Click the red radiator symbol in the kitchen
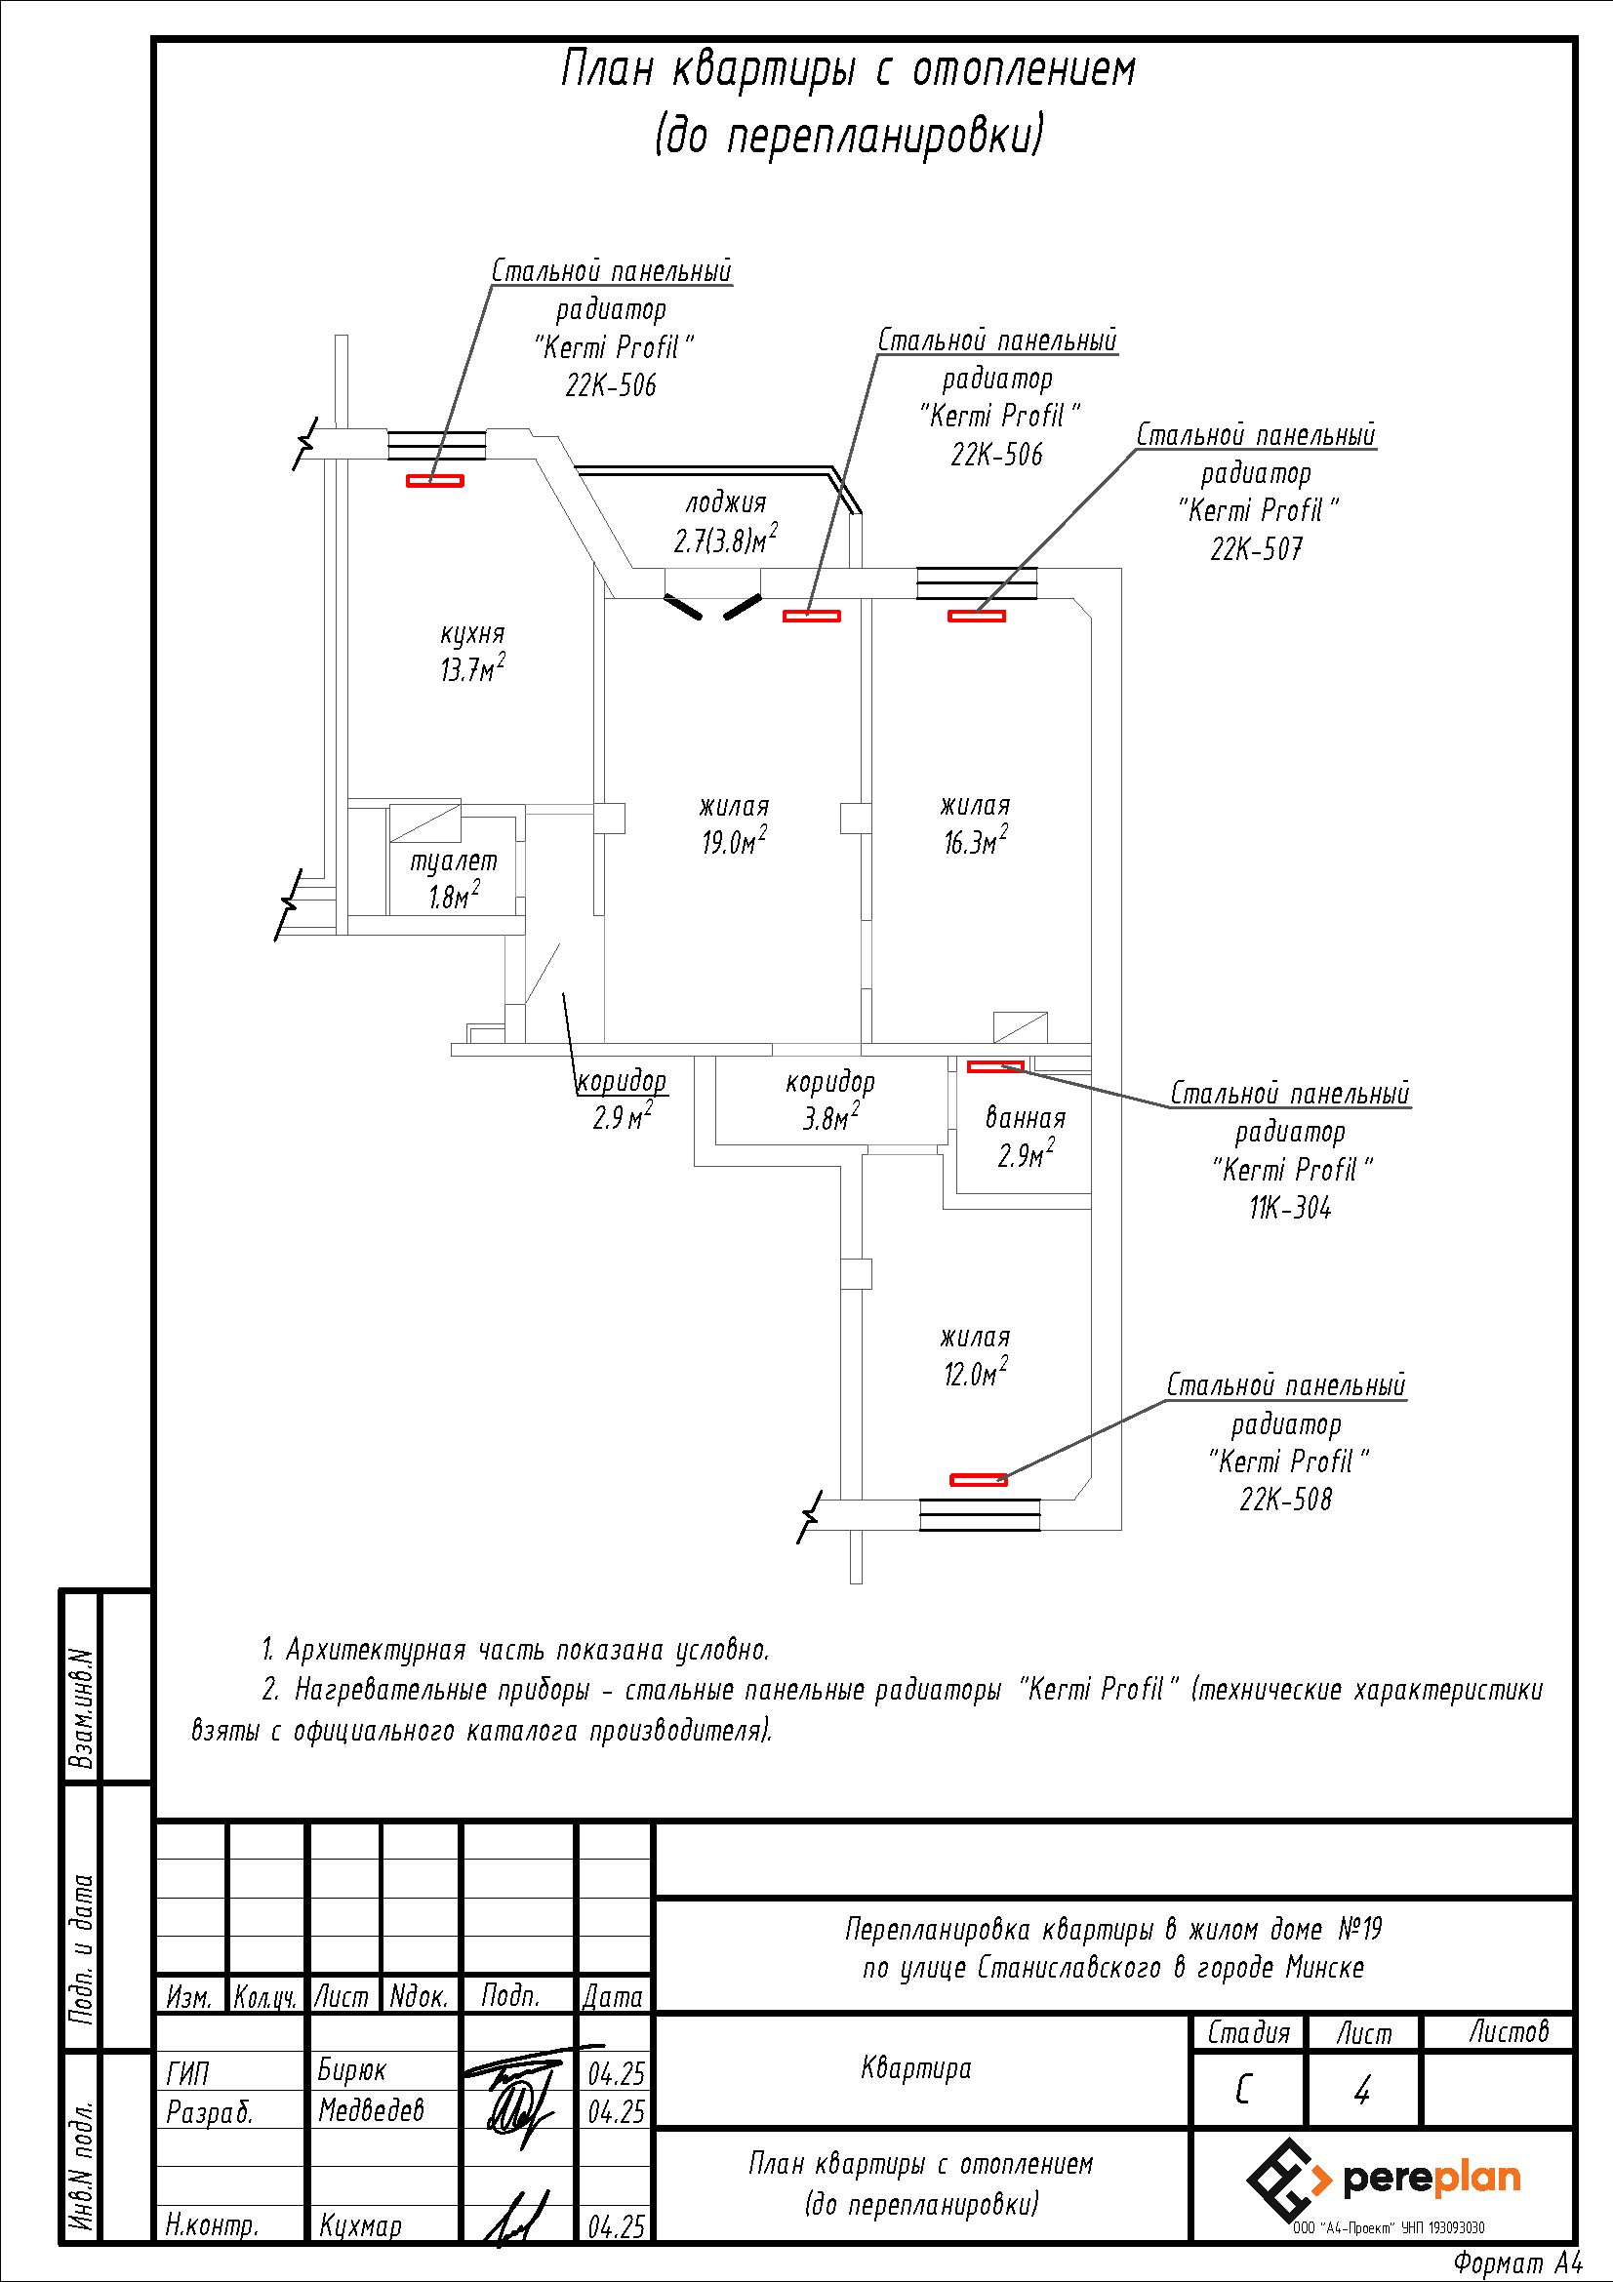[x=434, y=481]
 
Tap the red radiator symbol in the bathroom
[x=995, y=1066]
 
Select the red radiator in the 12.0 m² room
[x=978, y=1480]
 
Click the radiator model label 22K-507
[x=1255, y=549]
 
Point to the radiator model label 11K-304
[x=1289, y=1208]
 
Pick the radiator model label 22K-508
[x=1285, y=1500]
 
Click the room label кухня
[x=472, y=634]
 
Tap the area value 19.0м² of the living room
[x=734, y=842]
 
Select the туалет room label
[x=453, y=861]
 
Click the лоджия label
[x=725, y=502]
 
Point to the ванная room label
[x=1025, y=1118]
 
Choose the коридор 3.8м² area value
[x=830, y=1119]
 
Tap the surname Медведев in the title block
[x=371, y=2110]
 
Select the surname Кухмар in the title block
[x=360, y=2225]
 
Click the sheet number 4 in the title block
[x=1361, y=2090]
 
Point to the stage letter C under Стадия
[x=1242, y=2090]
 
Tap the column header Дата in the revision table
[x=612, y=1997]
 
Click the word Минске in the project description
[x=1325, y=1967]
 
